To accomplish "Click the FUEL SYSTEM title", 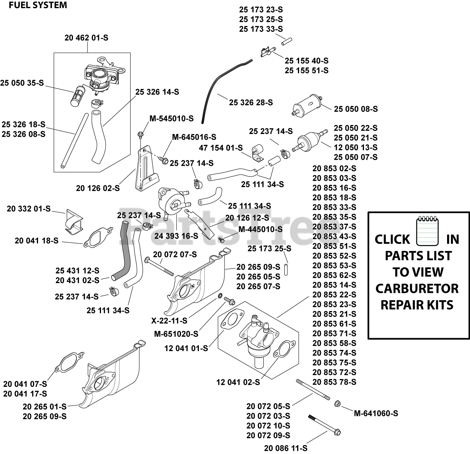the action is (38, 5).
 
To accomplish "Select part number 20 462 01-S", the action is (86, 38).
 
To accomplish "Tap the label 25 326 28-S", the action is (251, 103).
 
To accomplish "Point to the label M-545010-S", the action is (171, 118).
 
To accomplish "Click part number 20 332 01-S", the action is (29, 209).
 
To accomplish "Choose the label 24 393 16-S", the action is (176, 236).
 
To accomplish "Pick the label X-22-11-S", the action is (169, 321).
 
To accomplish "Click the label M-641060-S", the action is (376, 414).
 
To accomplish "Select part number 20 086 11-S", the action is (286, 448).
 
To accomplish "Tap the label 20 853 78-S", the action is (334, 382).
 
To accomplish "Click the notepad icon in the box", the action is (428, 231).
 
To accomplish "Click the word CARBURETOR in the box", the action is (417, 289).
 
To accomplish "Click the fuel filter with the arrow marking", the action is (308, 105).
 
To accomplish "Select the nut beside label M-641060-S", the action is (338, 404).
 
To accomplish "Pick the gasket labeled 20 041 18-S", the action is (98, 237).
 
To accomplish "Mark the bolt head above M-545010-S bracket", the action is (140, 134).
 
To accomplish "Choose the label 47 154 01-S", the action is (221, 148).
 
